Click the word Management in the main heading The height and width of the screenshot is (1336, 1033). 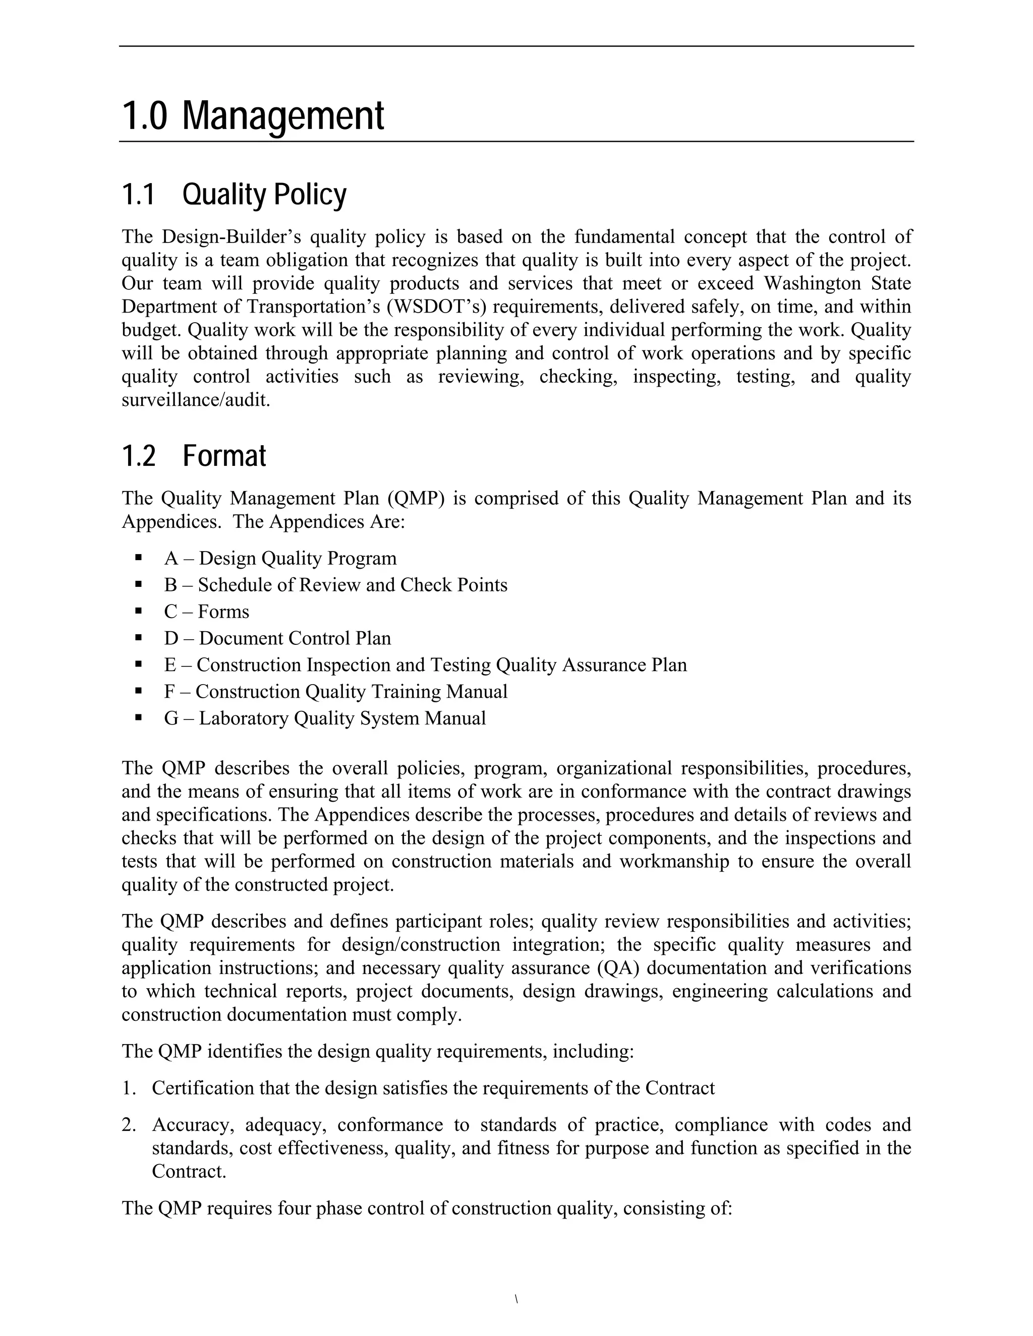point(283,116)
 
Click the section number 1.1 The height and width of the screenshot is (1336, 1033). point(138,195)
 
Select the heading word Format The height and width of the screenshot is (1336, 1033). point(224,456)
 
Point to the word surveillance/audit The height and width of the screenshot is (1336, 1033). point(195,400)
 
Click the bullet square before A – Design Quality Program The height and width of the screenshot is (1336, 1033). point(139,557)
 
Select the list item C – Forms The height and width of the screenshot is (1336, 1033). point(206,612)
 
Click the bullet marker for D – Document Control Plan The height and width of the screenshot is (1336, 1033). point(139,637)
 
